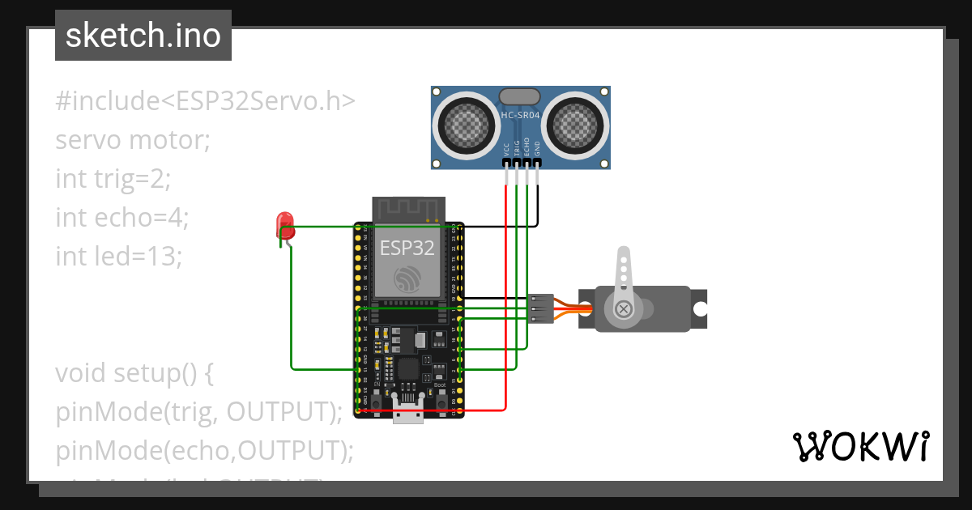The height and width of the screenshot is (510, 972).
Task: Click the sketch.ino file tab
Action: pos(143,36)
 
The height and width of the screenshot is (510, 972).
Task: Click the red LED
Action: pos(284,224)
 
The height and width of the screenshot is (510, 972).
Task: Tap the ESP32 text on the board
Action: pos(407,248)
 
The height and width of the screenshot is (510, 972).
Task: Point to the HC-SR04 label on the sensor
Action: pos(520,116)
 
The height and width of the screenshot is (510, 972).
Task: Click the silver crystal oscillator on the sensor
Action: pos(520,96)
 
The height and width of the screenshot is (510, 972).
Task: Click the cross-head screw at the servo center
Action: pos(624,308)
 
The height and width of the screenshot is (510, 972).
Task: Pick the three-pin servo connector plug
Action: pos(540,308)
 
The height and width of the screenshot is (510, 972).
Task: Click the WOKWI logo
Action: pos(860,446)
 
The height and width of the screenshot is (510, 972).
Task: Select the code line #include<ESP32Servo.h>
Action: pos(205,101)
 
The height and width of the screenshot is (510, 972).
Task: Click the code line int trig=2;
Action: pos(113,178)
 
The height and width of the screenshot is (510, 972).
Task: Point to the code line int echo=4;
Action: pos(122,217)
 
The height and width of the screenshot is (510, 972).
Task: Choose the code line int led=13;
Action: pos(119,256)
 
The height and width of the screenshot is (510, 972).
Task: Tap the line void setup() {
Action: pos(134,373)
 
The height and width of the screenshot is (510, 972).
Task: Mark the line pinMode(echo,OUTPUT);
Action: pos(205,450)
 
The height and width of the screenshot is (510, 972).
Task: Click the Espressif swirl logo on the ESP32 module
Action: pos(407,279)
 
